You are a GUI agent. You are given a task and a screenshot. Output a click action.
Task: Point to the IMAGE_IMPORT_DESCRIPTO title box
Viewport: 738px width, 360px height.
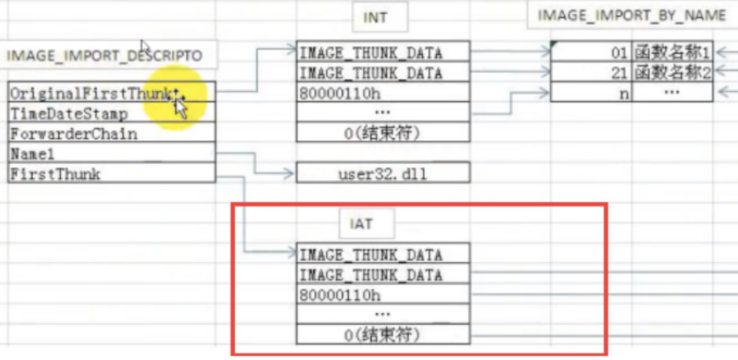click(105, 56)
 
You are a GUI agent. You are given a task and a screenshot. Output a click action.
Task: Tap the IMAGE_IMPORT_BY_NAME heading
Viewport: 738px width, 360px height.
click(632, 15)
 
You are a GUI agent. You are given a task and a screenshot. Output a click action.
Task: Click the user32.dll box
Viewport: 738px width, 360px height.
click(382, 174)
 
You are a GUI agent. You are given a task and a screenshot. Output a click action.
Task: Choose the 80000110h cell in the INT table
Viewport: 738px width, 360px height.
click(382, 93)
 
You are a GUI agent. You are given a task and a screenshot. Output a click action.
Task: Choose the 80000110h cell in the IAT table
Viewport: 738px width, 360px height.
click(382, 295)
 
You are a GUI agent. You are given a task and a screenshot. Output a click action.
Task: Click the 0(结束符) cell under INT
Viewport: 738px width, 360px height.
click(382, 133)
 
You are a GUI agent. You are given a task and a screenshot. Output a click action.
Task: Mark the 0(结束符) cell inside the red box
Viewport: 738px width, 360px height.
click(382, 335)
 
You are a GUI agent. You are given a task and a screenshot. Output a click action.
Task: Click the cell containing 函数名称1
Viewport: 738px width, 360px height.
click(672, 52)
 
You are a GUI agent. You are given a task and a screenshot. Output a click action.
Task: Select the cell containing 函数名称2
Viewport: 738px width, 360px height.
click(672, 72)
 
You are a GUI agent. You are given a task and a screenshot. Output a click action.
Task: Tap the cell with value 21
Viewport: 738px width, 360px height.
click(591, 72)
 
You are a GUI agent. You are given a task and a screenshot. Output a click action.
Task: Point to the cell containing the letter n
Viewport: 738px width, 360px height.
click(591, 93)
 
